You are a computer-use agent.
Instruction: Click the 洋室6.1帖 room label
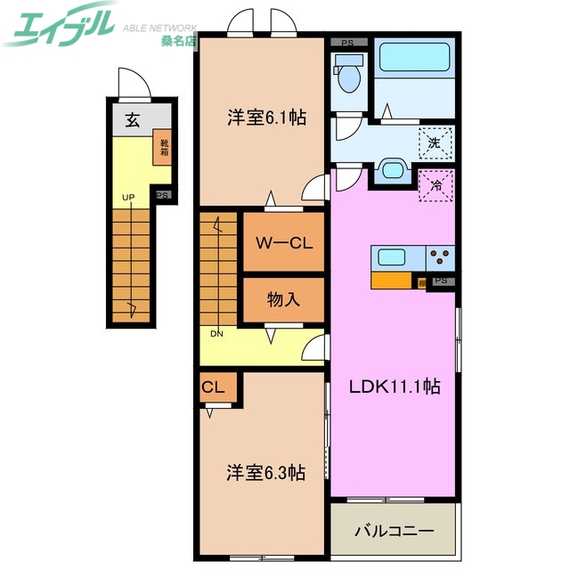click(x=265, y=117)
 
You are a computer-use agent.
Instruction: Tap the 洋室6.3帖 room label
click(x=265, y=473)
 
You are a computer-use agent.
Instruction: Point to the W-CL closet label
click(x=283, y=243)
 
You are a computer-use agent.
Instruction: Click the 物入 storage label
click(x=283, y=300)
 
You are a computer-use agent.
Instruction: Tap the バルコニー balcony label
click(x=394, y=531)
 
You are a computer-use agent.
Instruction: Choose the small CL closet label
click(x=213, y=387)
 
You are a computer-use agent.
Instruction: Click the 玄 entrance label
click(x=132, y=121)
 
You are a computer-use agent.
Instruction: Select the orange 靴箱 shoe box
click(x=164, y=144)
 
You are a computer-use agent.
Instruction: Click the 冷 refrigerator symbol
click(x=436, y=186)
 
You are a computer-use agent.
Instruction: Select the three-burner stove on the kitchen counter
click(x=440, y=257)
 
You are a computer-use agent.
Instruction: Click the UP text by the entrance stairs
click(x=128, y=197)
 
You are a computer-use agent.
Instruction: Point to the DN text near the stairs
click(x=216, y=334)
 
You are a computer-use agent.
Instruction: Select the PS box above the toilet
click(x=349, y=42)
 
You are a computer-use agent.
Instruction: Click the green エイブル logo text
click(x=59, y=24)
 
